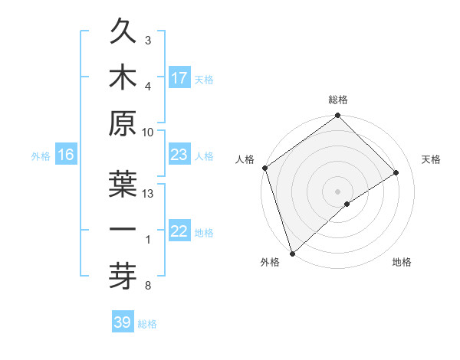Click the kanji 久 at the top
point(123,33)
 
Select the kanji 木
point(123,77)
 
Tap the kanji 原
point(123,123)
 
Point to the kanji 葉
point(123,184)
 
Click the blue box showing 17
point(179,77)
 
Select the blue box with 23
point(179,155)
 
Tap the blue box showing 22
point(179,231)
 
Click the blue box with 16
point(66,155)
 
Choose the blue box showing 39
point(123,322)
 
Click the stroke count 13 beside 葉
point(149,193)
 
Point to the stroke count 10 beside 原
point(149,132)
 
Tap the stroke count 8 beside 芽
point(147,286)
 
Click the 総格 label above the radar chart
point(338,100)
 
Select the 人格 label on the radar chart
point(245,159)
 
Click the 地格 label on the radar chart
point(402,263)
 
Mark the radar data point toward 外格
point(292,252)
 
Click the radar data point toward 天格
point(396,172)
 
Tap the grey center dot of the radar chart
point(337,191)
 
